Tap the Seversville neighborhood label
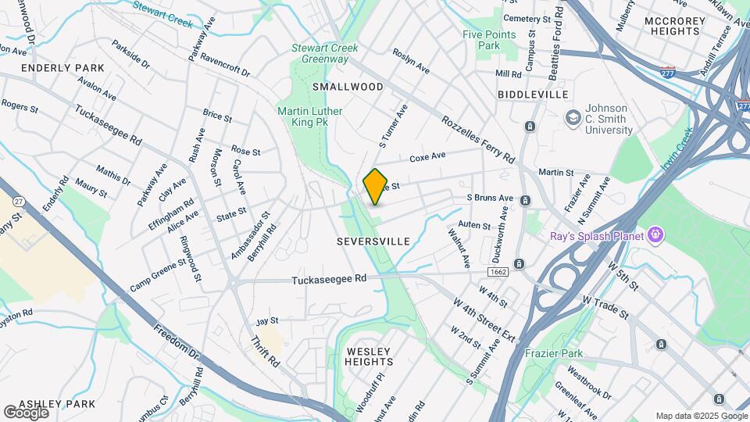click(x=373, y=242)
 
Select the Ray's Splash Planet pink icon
click(x=655, y=234)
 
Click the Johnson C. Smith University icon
click(x=573, y=116)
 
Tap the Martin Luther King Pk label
click(x=309, y=116)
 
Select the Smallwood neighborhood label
click(x=348, y=87)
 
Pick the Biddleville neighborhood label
click(x=532, y=94)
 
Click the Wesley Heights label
click(x=369, y=356)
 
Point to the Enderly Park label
click(x=62, y=68)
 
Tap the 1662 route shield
click(x=498, y=271)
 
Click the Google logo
click(x=26, y=412)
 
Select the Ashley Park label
click(x=56, y=404)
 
